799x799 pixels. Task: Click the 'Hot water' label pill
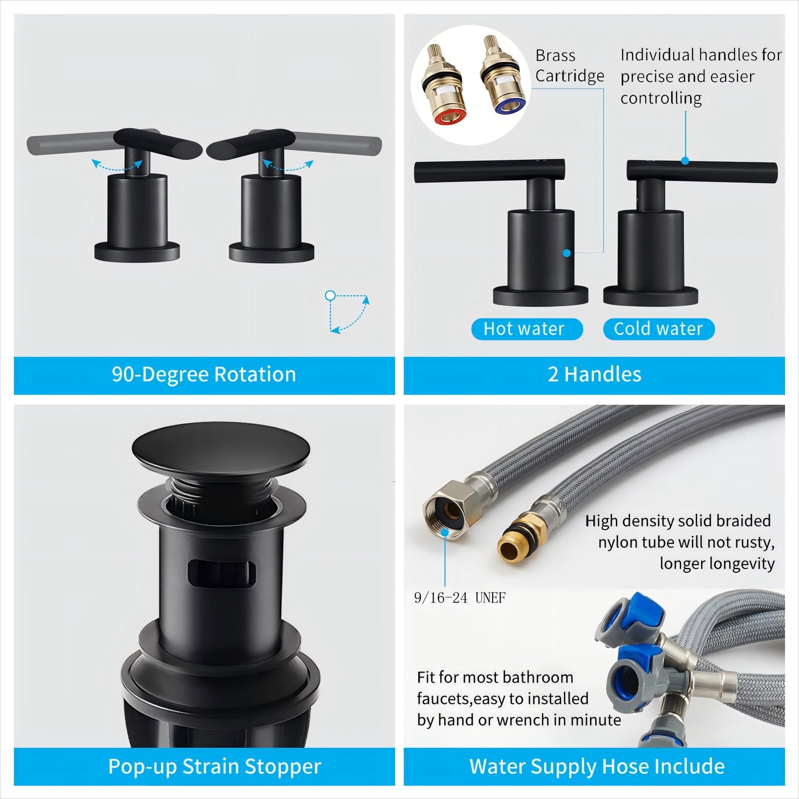click(527, 329)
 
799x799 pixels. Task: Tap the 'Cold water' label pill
click(659, 329)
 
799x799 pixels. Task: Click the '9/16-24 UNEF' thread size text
click(460, 598)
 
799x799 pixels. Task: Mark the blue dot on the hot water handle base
click(567, 253)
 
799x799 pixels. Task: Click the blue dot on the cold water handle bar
click(685, 161)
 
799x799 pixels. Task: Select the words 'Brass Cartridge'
click(569, 66)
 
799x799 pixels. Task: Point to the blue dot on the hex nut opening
click(445, 532)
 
